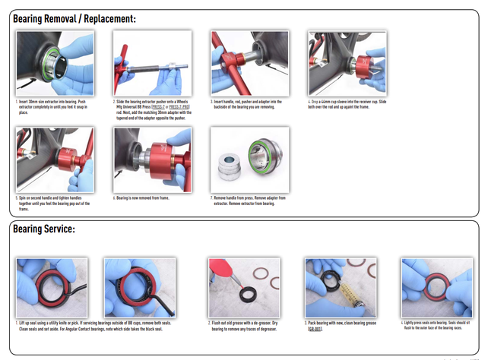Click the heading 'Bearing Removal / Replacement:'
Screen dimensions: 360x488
pyautogui.click(x=76, y=18)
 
